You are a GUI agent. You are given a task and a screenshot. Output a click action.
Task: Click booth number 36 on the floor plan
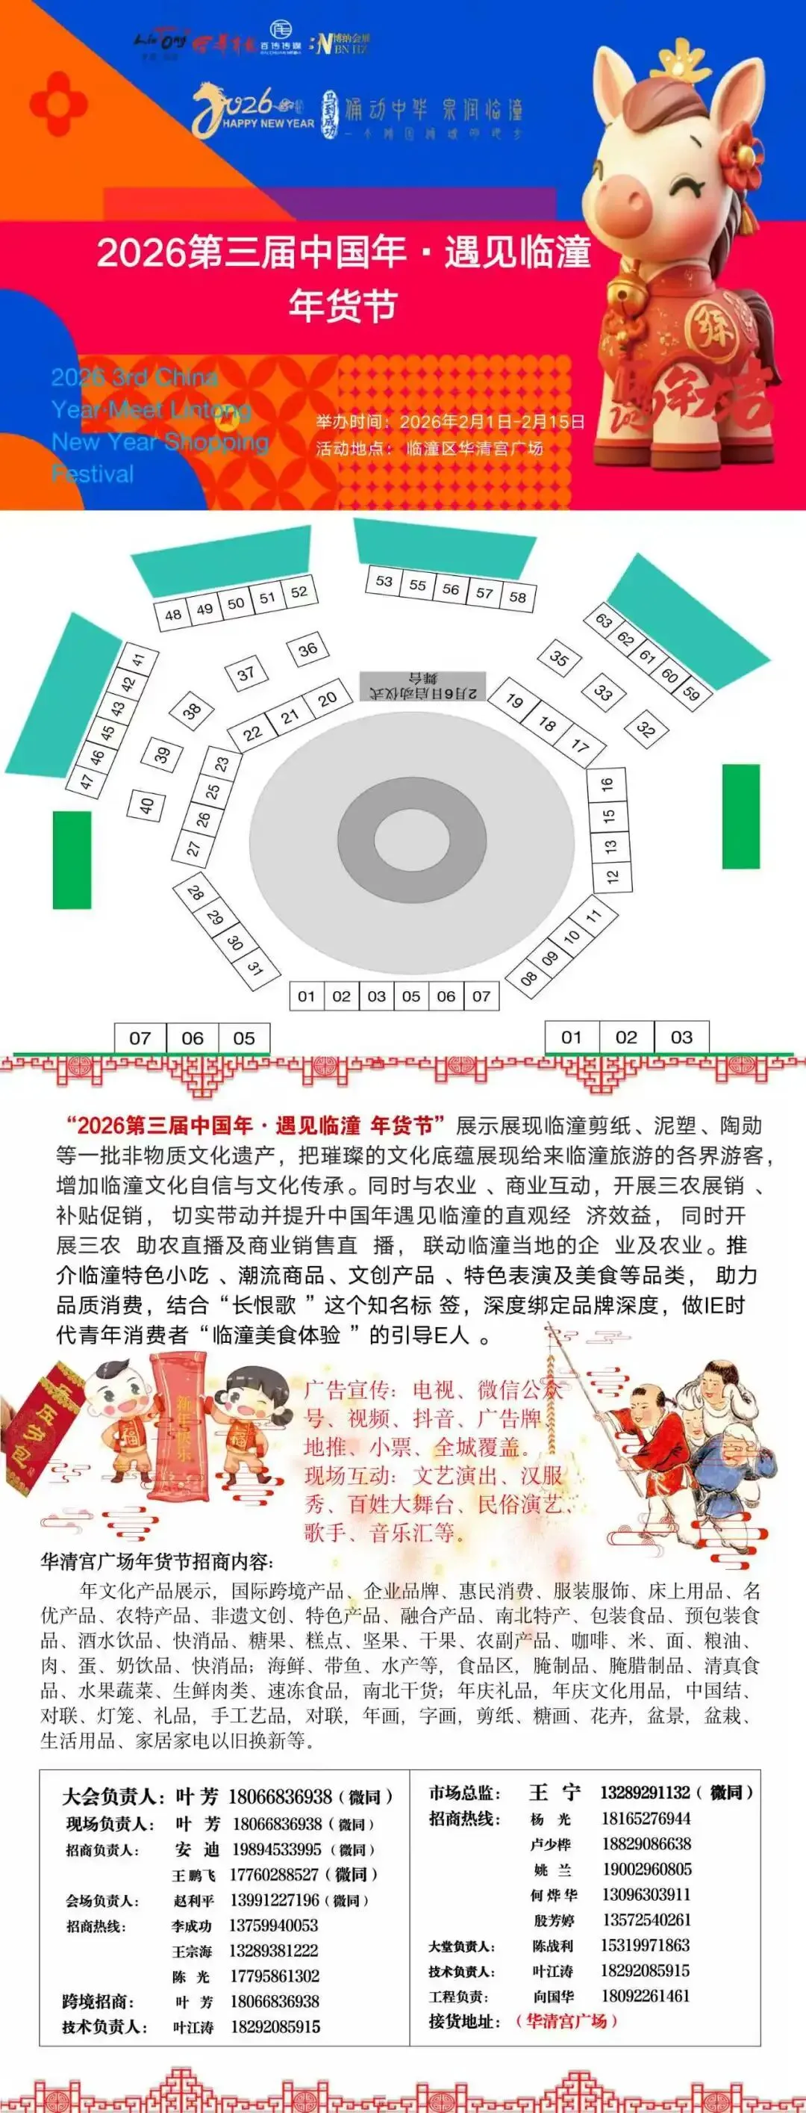click(x=307, y=651)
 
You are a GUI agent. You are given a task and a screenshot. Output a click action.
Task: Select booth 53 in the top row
click(x=384, y=581)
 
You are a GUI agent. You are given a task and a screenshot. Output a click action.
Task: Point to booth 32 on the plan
click(x=646, y=728)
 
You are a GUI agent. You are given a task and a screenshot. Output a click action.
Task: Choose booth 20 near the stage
click(x=327, y=699)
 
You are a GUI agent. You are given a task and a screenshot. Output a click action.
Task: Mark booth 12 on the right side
click(x=613, y=876)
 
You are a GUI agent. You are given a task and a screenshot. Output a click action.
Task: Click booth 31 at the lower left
click(x=254, y=969)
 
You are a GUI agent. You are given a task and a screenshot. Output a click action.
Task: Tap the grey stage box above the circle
click(x=423, y=686)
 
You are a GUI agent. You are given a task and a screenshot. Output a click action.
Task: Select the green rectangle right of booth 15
click(x=740, y=816)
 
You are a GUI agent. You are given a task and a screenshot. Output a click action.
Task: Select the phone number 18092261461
click(x=646, y=1996)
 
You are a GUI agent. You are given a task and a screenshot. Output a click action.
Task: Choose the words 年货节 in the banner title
click(x=343, y=304)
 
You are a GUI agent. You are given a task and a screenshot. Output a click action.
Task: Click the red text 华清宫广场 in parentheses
click(x=565, y=2021)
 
